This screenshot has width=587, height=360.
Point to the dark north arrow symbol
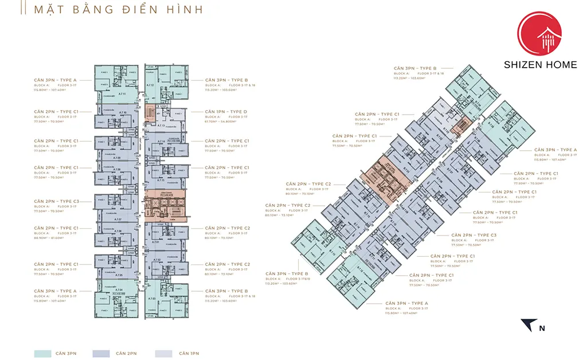pyautogui.click(x=529, y=324)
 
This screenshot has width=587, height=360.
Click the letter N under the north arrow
pyautogui.click(x=542, y=328)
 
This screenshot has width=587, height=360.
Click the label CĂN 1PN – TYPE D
pyautogui.click(x=227, y=111)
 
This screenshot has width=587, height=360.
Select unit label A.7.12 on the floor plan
pyautogui.click(x=151, y=85)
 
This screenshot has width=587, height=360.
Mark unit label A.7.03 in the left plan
pyautogui.click(x=152, y=299)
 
